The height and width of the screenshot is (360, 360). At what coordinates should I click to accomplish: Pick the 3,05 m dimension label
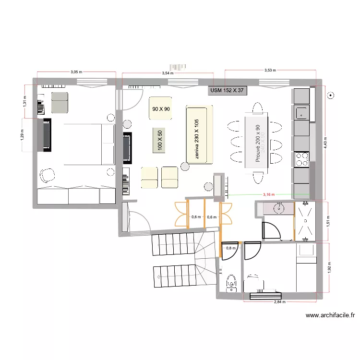click(x=76, y=72)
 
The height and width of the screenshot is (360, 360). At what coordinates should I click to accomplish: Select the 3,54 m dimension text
click(x=168, y=73)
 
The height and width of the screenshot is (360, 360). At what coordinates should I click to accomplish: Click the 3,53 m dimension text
click(x=270, y=71)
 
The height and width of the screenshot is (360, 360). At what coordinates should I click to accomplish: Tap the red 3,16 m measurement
click(x=268, y=194)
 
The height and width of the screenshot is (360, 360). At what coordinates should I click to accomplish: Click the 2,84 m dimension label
click(x=279, y=302)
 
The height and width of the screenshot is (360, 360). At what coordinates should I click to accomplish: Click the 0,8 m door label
click(x=231, y=248)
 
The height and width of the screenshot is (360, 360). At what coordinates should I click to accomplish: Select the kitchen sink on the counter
click(x=301, y=113)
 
